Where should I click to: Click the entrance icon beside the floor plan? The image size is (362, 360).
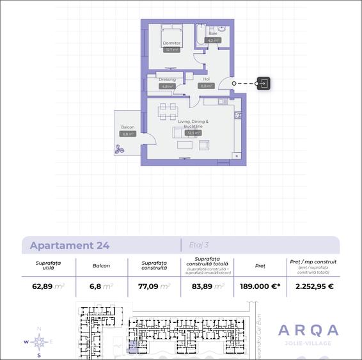[x=264, y=83]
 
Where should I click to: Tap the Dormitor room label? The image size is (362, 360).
[x=171, y=43]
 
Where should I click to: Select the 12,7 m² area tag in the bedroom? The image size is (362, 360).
[x=171, y=49]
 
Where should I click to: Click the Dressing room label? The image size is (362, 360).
[x=167, y=80]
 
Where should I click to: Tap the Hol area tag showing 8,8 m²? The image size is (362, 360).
[x=206, y=86]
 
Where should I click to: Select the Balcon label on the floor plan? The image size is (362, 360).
[x=127, y=128]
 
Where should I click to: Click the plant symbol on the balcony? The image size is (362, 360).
[x=120, y=150]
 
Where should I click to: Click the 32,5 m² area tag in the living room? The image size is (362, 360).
[x=193, y=133]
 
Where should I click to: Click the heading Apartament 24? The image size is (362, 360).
[x=70, y=246]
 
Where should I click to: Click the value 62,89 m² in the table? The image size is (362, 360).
[x=49, y=286]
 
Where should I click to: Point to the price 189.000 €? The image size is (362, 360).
[x=260, y=286]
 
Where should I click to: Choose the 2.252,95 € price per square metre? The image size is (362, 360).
[x=314, y=286]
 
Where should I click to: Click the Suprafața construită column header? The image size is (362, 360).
[x=154, y=265]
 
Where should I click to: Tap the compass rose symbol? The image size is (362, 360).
[x=39, y=341]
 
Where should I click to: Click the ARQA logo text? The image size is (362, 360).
[x=308, y=330]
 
